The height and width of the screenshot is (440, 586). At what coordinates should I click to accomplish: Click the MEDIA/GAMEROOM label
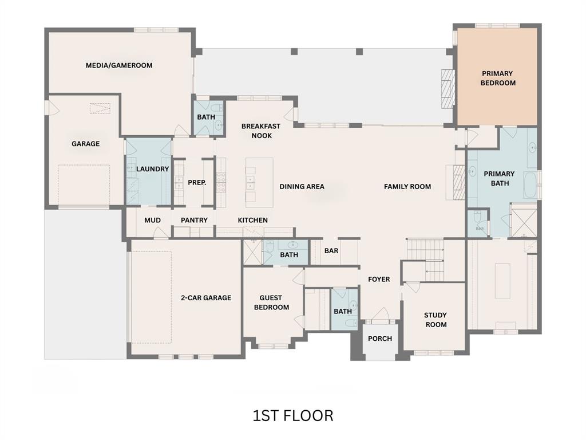pos(119,65)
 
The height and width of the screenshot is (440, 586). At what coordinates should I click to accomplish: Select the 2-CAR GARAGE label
pos(206,298)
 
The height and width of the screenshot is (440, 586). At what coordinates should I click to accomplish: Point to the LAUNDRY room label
pos(152,169)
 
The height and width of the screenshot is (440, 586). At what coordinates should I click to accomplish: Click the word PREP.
pos(197,183)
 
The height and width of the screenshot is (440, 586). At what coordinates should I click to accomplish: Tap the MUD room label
pos(152,220)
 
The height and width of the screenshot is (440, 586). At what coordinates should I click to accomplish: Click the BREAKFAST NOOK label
pos(260,131)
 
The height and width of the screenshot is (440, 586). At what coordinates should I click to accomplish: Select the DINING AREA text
pos(302,186)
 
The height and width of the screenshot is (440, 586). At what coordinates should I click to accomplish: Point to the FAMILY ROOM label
pos(407,186)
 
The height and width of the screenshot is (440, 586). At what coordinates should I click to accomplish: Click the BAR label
pos(331,251)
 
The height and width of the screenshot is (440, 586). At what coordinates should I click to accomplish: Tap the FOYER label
pos(379,280)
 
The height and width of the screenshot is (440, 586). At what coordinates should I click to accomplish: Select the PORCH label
pos(380,339)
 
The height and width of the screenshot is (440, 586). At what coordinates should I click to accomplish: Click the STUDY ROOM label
pos(435,320)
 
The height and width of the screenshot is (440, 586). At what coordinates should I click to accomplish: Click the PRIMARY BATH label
pos(499,178)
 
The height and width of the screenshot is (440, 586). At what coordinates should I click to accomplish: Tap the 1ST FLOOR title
pos(293,415)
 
